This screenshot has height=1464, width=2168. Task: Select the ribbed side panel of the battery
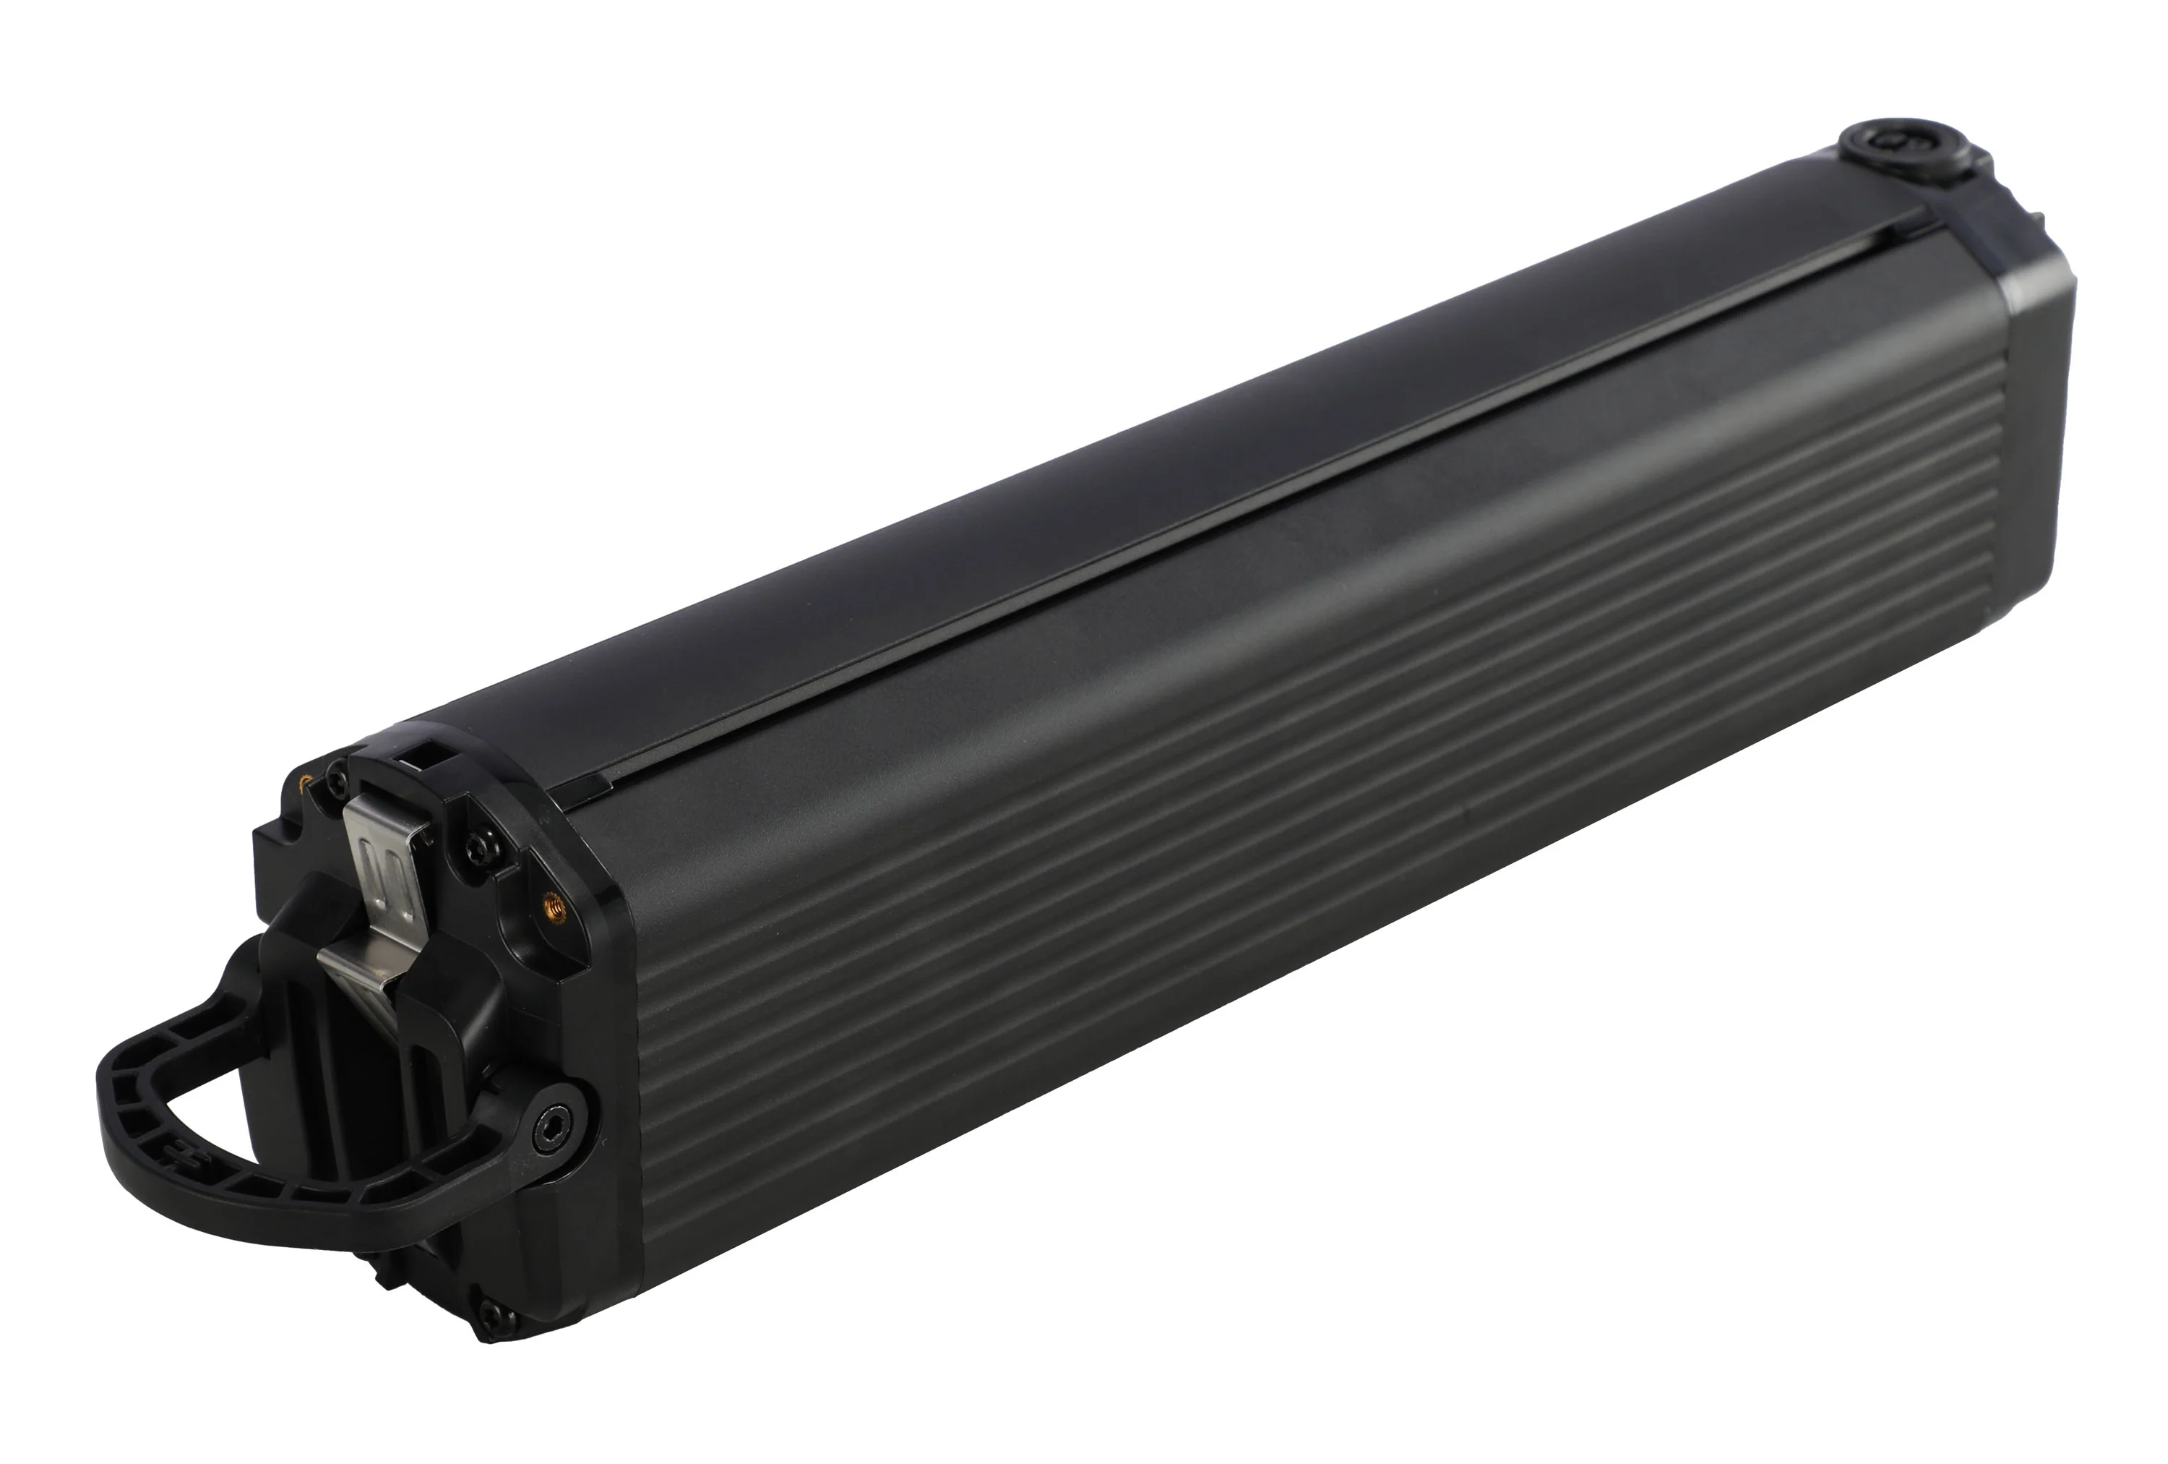[x=1306, y=840]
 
